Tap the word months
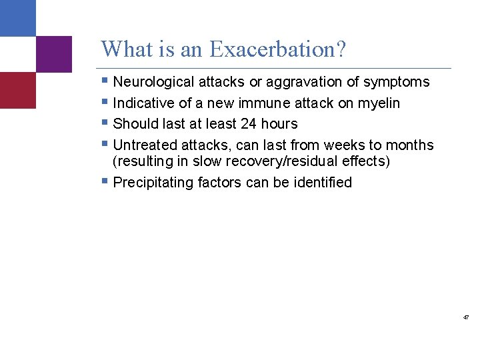tap(409, 145)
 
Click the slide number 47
tap(466, 318)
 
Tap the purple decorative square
tap(53, 54)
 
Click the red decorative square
tap(18, 90)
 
